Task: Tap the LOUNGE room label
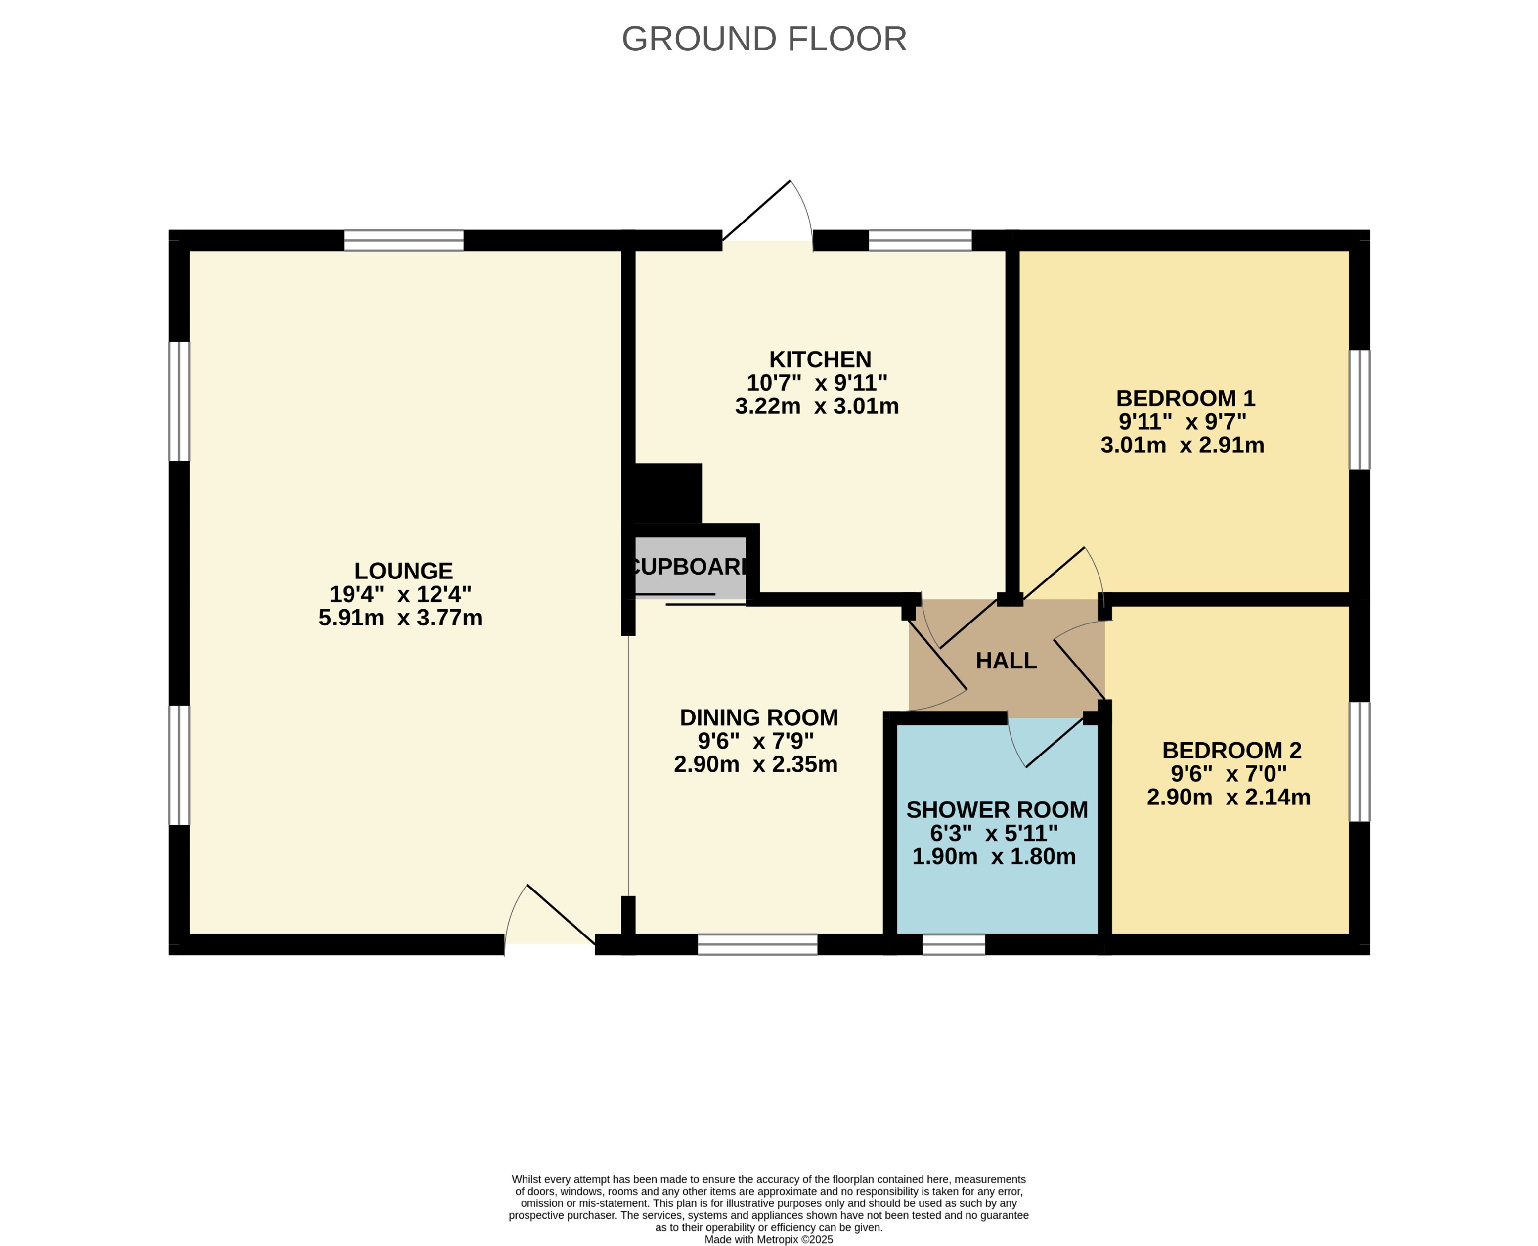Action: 403,571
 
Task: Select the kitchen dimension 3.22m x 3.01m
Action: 817,406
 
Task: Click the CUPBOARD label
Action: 689,567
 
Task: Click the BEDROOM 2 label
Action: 1231,751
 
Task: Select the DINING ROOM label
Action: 758,718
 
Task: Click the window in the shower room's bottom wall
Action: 953,944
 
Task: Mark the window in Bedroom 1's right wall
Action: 1360,410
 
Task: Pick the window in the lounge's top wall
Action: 403,240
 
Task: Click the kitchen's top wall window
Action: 920,240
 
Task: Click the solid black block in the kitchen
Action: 667,494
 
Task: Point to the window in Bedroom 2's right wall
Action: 1360,761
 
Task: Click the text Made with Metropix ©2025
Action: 769,1239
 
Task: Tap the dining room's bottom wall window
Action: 757,944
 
